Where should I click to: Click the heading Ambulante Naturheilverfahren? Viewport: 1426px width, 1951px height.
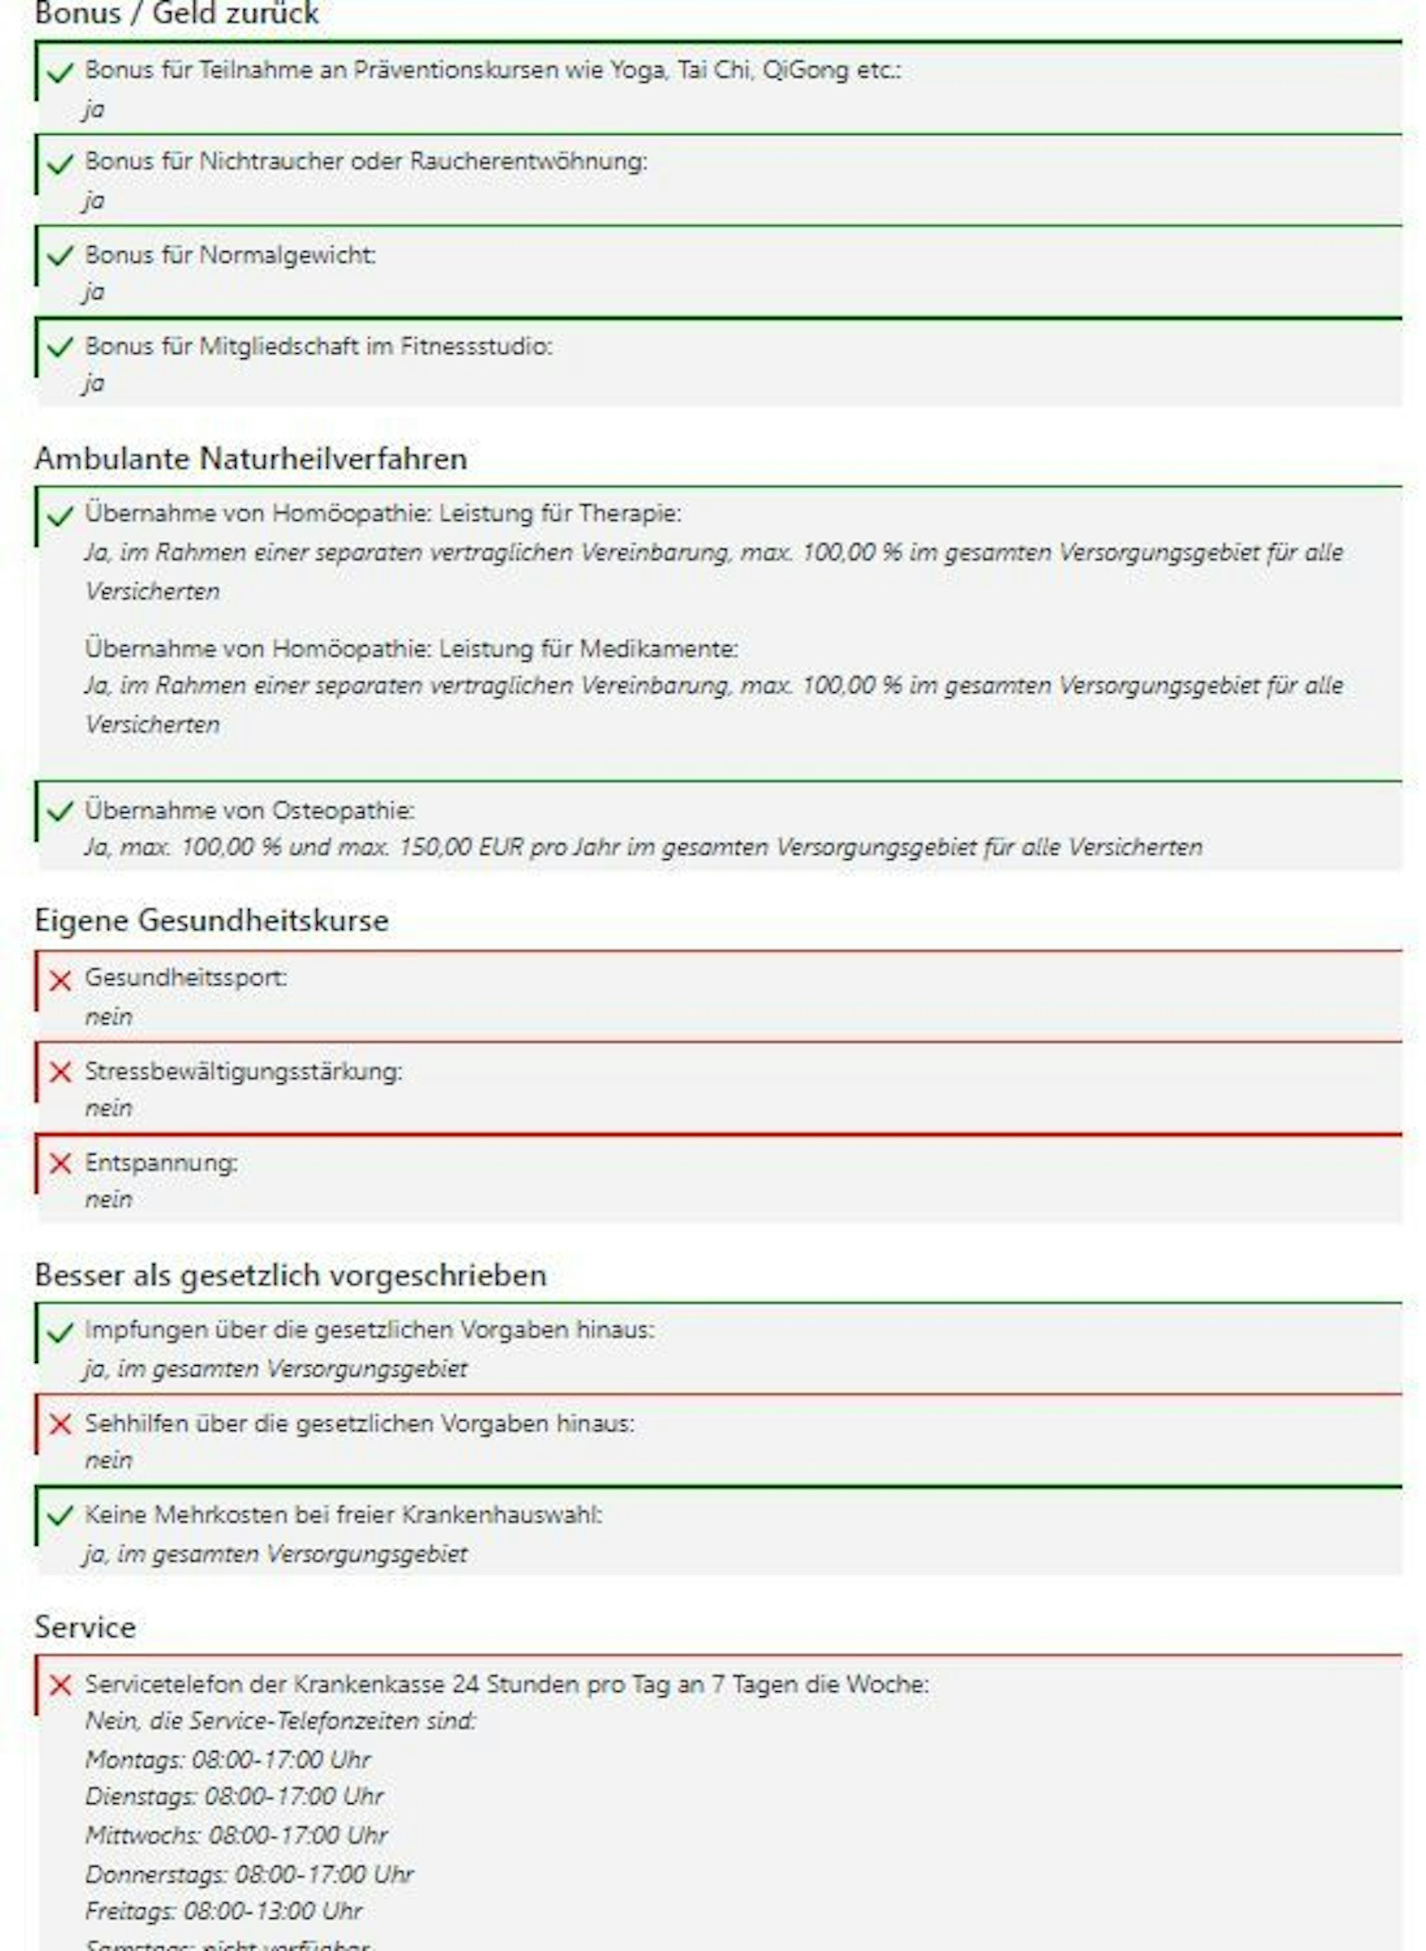[250, 458]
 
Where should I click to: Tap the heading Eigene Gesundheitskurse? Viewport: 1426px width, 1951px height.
[211, 921]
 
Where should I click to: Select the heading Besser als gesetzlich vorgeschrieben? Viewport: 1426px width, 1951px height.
[290, 1275]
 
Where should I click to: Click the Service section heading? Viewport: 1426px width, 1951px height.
[86, 1627]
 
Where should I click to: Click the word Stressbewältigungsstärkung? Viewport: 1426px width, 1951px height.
[243, 1071]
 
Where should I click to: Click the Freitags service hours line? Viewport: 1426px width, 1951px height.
[223, 1911]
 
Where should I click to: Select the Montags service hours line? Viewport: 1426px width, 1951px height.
[228, 1759]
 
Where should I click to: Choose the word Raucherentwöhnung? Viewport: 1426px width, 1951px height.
[527, 161]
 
